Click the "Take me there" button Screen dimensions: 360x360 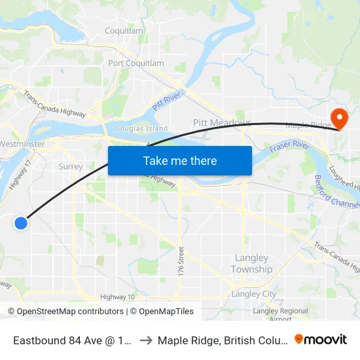180,160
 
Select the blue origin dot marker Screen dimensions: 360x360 21,223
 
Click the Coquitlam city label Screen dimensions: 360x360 124,31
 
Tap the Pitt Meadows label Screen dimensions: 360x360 222,123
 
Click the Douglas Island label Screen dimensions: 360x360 141,129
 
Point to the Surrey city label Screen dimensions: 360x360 70,166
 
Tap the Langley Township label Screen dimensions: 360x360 251,264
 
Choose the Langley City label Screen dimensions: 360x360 255,294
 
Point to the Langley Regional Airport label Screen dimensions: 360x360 280,314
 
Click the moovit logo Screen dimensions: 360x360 320,339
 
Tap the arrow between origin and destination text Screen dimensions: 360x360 146,340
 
